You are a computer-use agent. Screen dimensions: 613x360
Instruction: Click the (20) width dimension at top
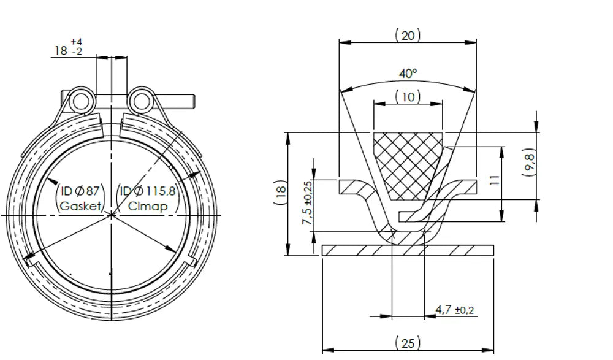click(x=408, y=36)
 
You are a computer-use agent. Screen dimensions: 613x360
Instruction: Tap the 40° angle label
click(x=408, y=73)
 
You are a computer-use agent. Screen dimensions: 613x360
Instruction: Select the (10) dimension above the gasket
click(x=408, y=97)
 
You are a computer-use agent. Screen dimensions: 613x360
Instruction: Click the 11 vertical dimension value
click(x=495, y=180)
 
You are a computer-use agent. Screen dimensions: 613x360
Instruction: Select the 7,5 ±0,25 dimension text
click(x=307, y=202)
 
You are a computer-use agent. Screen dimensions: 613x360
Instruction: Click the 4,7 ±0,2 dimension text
click(x=455, y=310)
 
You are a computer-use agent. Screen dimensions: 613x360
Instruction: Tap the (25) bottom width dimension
click(x=408, y=343)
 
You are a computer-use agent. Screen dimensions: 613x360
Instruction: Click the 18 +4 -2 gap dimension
click(x=69, y=47)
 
